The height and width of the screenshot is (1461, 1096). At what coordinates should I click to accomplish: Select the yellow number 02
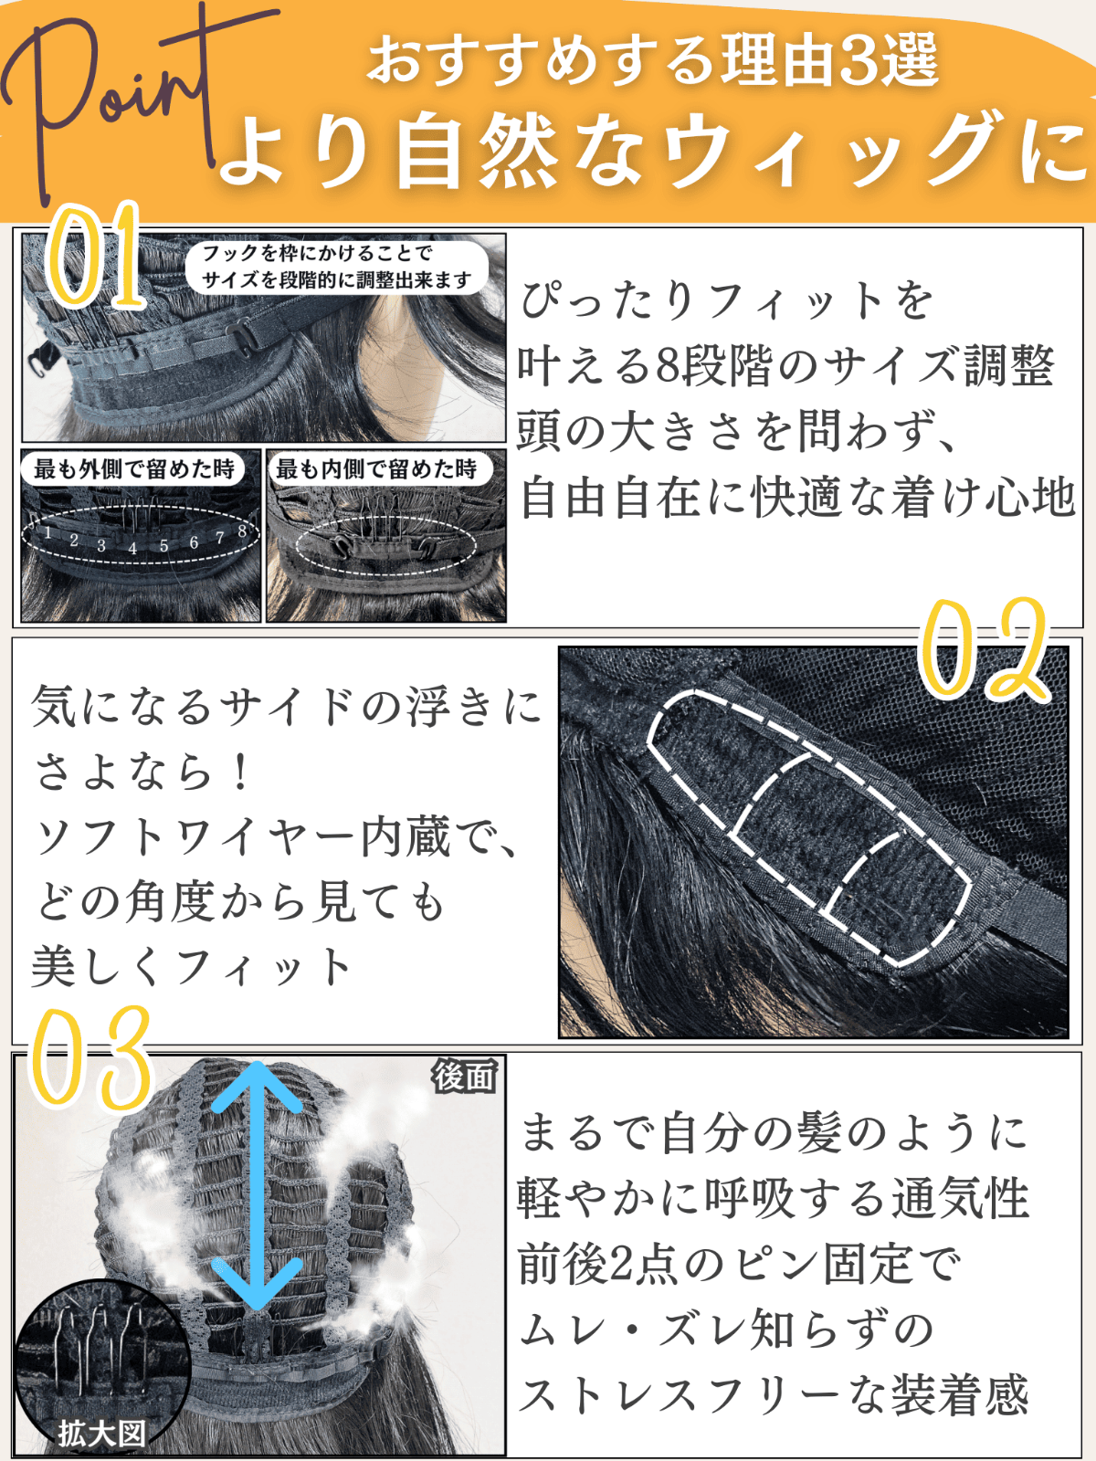(x=984, y=649)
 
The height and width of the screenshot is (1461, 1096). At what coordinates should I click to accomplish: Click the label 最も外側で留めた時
(x=133, y=469)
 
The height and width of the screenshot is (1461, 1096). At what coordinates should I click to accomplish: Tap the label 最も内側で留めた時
(x=376, y=469)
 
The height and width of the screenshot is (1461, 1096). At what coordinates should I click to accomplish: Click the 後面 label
(x=465, y=1077)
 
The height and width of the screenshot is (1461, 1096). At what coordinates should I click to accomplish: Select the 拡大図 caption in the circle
(x=101, y=1434)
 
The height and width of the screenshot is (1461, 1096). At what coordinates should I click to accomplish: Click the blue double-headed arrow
(x=257, y=1185)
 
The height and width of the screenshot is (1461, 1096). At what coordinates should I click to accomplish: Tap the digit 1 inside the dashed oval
(x=47, y=532)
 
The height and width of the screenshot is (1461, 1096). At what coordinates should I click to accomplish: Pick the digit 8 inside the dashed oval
(x=241, y=531)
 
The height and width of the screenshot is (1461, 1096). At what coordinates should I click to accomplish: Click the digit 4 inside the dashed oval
(x=132, y=549)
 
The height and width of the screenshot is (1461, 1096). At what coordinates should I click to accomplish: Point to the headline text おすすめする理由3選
(x=653, y=62)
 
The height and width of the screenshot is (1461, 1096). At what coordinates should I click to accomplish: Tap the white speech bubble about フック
(x=337, y=267)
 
